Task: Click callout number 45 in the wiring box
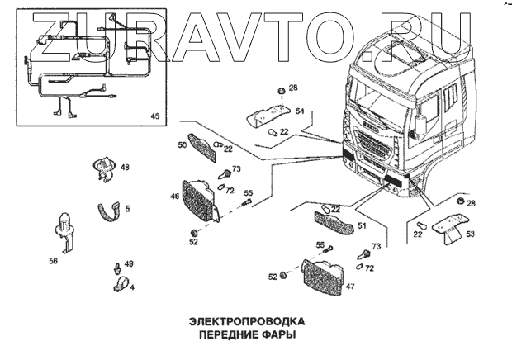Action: tap(154, 116)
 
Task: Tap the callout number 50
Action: tap(182, 144)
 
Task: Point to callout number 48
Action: tap(125, 167)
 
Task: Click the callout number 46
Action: tap(174, 197)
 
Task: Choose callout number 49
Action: tap(128, 263)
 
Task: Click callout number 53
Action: tap(472, 234)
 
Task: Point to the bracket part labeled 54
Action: tap(268, 110)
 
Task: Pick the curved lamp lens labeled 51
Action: tap(334, 220)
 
